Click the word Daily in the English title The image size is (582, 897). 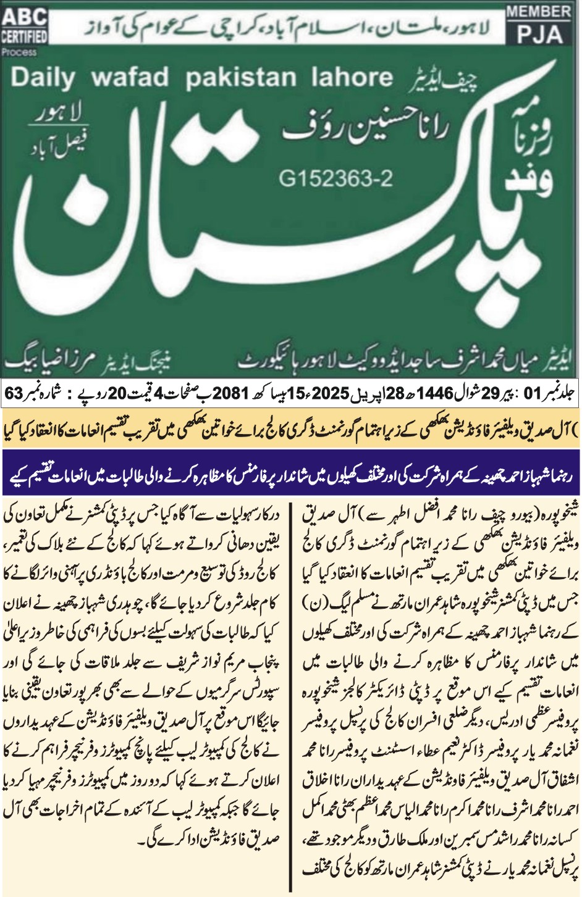pyautogui.click(x=43, y=78)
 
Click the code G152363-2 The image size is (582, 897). pyautogui.click(x=335, y=179)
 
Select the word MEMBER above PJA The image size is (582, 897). pyautogui.click(x=538, y=11)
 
